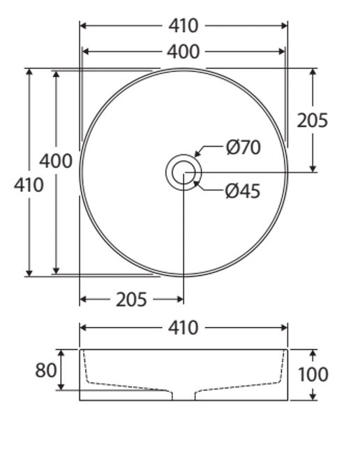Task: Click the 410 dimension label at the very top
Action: tap(183, 26)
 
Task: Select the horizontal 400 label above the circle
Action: tap(183, 52)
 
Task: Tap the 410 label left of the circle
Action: tap(29, 184)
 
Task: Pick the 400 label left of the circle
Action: tap(56, 161)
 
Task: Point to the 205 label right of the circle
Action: tap(313, 120)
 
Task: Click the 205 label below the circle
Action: tap(131, 300)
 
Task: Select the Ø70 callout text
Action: tap(243, 147)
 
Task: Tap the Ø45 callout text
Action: tap(243, 191)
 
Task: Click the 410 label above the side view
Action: tap(183, 327)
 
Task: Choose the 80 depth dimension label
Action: tap(46, 370)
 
